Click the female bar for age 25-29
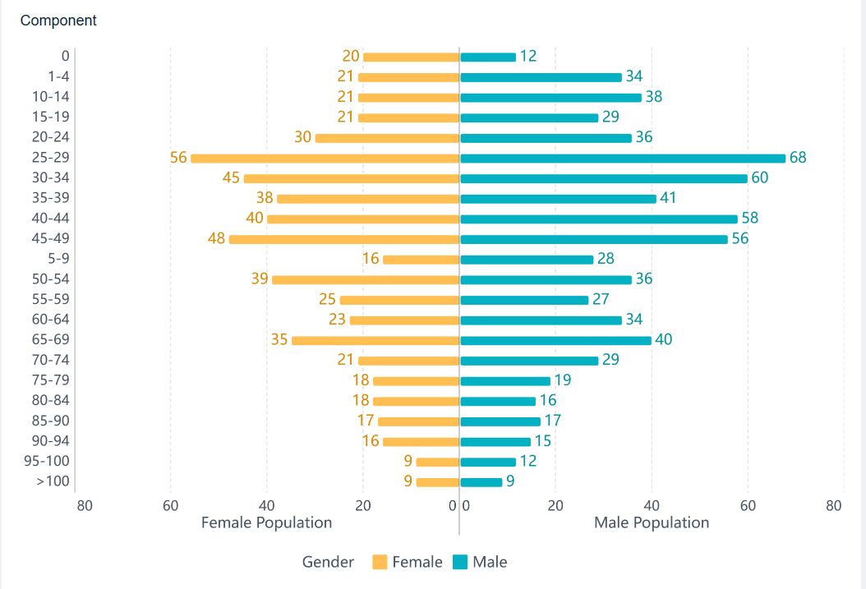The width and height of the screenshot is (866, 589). [x=325, y=158]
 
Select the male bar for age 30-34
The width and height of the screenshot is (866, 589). [x=604, y=178]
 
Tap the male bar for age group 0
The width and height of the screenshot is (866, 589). [x=488, y=57]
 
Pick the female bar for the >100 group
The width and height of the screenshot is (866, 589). [x=437, y=482]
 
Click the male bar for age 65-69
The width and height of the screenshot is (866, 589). [x=555, y=340]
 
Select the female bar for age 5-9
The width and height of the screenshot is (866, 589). [x=421, y=260]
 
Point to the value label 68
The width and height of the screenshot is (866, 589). [x=798, y=158]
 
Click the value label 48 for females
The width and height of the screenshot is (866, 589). [x=216, y=239]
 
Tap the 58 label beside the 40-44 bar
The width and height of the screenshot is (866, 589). [x=749, y=219]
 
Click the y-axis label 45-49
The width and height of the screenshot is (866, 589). [x=51, y=239]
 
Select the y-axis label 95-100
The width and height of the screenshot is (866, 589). [x=47, y=462]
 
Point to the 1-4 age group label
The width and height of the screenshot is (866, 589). [x=58, y=76]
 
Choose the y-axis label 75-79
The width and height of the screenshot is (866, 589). [x=51, y=380]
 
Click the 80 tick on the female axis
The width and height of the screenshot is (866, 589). [x=85, y=506]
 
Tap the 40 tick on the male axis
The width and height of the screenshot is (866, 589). [x=652, y=506]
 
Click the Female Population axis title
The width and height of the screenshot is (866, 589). [x=266, y=523]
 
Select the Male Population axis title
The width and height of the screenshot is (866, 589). [x=652, y=523]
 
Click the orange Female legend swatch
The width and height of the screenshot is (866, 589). [x=380, y=563]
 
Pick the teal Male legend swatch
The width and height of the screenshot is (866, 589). [x=460, y=563]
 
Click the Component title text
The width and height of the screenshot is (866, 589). [x=58, y=21]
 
